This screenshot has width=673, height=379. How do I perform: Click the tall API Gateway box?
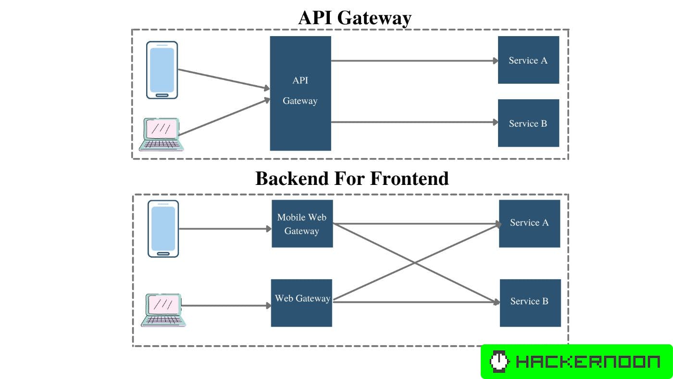pyautogui.click(x=300, y=93)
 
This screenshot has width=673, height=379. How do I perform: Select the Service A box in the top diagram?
pyautogui.click(x=528, y=60)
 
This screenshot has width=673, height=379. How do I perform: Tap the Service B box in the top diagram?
pyautogui.click(x=528, y=123)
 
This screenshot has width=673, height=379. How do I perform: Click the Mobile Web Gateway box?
pyautogui.click(x=302, y=224)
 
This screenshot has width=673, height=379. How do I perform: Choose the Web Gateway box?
pyautogui.click(x=301, y=303)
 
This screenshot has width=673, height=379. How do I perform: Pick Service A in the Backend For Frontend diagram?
pyautogui.click(x=529, y=223)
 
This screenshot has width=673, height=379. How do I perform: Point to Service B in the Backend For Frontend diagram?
pyautogui.click(x=530, y=303)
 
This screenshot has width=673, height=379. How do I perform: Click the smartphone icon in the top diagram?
pyautogui.click(x=162, y=70)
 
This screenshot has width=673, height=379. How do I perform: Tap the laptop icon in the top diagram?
pyautogui.click(x=160, y=134)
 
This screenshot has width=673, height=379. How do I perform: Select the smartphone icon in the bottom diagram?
pyautogui.click(x=163, y=229)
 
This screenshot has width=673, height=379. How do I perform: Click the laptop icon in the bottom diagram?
pyautogui.click(x=163, y=310)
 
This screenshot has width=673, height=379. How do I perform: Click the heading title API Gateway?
pyautogui.click(x=355, y=18)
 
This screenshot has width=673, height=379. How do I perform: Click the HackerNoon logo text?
pyautogui.click(x=587, y=362)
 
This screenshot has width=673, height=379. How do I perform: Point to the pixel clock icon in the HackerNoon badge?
pyautogui.click(x=499, y=362)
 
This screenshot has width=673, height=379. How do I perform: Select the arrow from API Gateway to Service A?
pyautogui.click(x=413, y=61)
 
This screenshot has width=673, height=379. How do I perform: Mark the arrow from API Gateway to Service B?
pyautogui.click(x=413, y=122)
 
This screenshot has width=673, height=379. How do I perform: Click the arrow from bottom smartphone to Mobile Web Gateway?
pyautogui.click(x=224, y=229)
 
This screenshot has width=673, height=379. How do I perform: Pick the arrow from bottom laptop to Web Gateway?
pyautogui.click(x=226, y=305)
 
